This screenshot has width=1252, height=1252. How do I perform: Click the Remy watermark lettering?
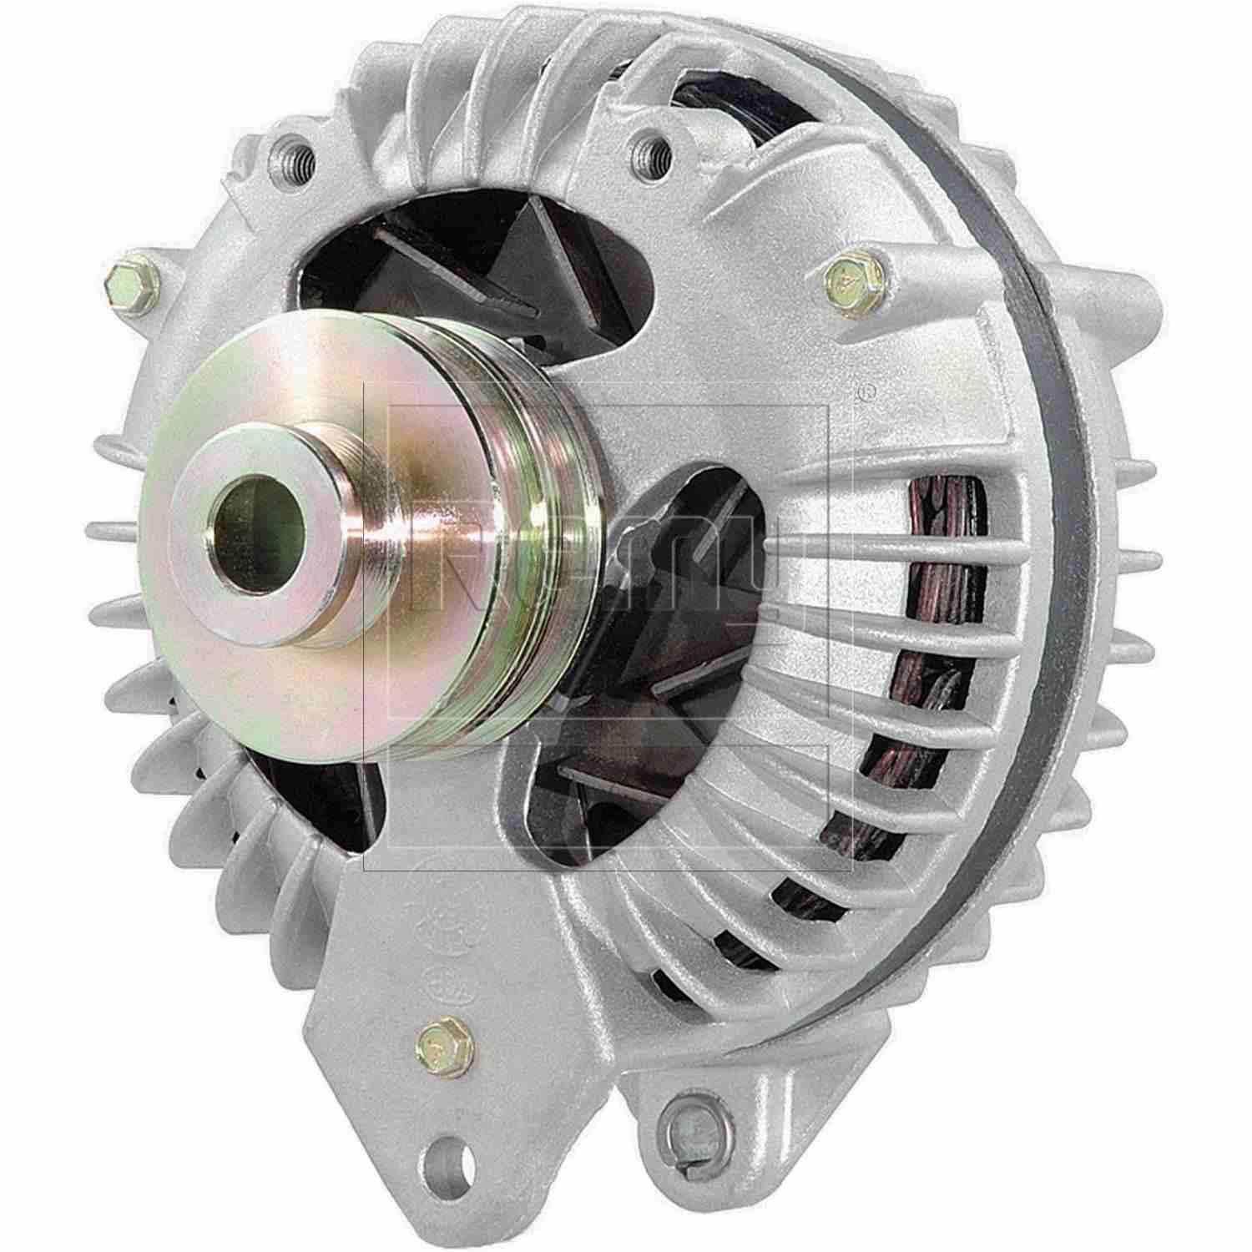click(601, 576)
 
